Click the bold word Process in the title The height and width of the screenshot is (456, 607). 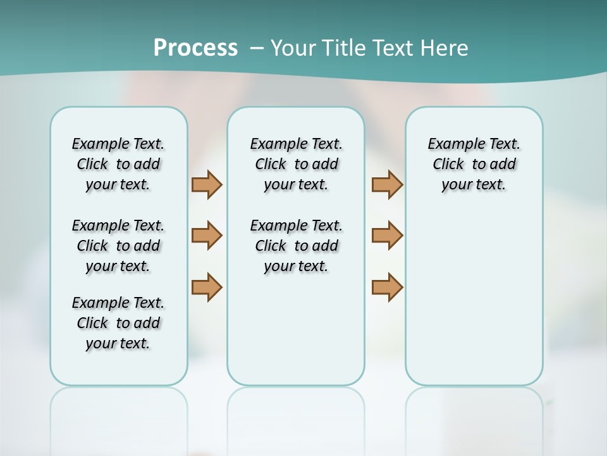(x=195, y=47)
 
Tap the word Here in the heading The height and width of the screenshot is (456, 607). (x=445, y=47)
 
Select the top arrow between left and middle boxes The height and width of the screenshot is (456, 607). (x=207, y=184)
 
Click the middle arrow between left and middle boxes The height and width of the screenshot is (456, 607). (x=207, y=236)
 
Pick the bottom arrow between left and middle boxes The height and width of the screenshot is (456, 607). (x=207, y=287)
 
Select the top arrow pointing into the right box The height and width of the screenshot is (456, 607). (x=387, y=184)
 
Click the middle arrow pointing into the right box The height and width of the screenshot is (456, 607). (x=387, y=236)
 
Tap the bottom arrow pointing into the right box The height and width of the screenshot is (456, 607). (x=387, y=287)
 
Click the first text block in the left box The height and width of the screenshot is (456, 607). (x=118, y=164)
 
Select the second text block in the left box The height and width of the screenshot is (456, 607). (x=118, y=246)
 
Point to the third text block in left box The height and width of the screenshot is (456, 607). (x=118, y=323)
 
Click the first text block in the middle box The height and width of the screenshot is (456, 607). (x=296, y=164)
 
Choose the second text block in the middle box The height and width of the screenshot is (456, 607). (x=296, y=246)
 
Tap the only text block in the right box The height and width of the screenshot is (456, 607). (x=474, y=164)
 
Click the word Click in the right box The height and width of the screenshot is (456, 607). (x=448, y=165)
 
